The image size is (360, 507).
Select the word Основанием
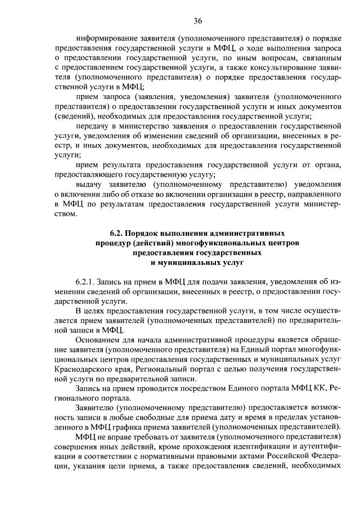pyautogui.click(x=99, y=340)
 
